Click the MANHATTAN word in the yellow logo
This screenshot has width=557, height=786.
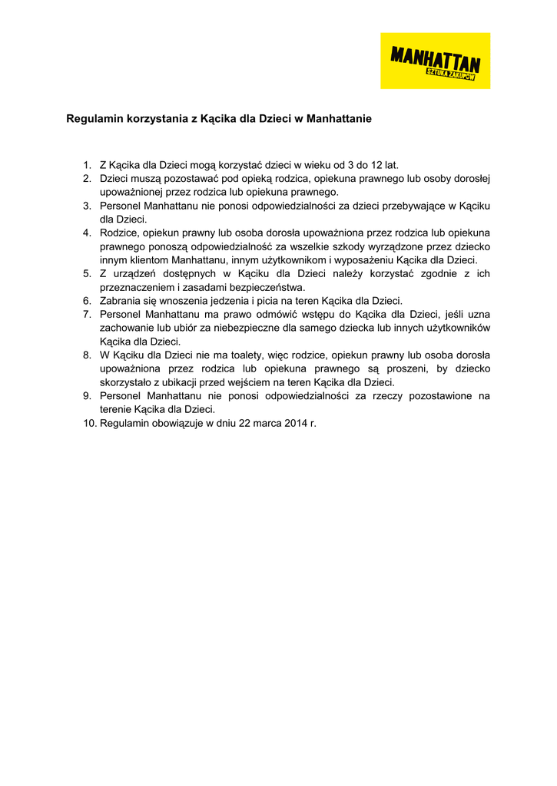click(x=435, y=56)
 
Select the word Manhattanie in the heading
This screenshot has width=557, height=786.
click(x=339, y=119)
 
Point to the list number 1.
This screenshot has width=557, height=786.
click(x=87, y=164)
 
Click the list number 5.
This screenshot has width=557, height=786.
click(x=87, y=273)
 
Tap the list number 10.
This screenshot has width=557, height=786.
click(x=89, y=424)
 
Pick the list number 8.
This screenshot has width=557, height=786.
click(x=87, y=355)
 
